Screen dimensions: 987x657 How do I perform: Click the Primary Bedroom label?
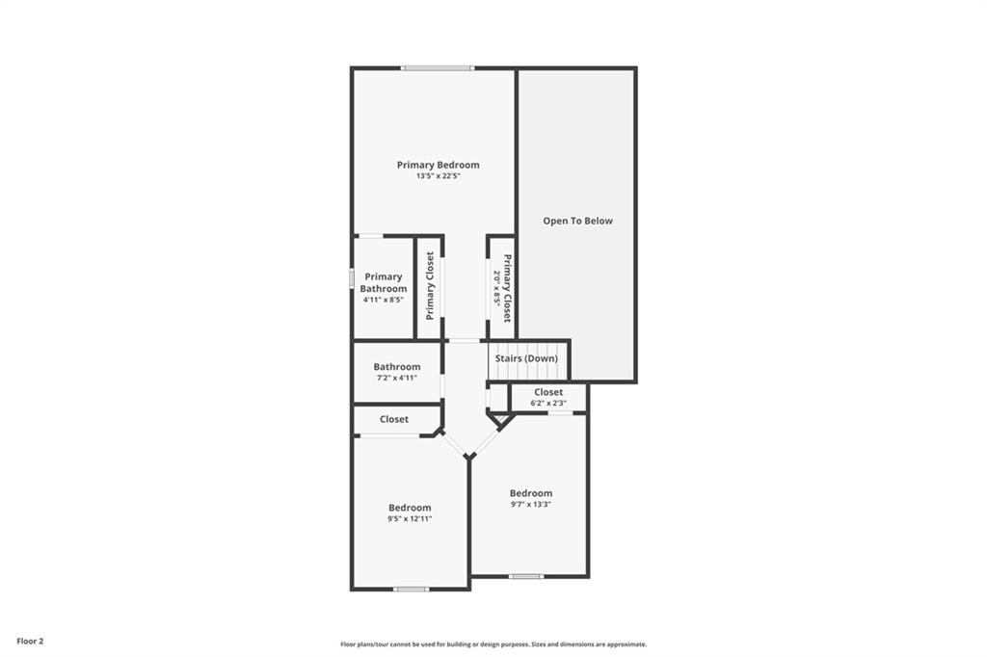click(439, 165)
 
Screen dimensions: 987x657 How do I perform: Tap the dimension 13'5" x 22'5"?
click(439, 176)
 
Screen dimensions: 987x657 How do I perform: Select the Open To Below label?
click(578, 221)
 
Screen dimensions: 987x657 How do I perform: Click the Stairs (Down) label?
click(526, 358)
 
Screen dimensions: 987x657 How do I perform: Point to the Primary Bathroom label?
click(384, 282)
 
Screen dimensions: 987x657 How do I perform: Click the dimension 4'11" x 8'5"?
click(384, 300)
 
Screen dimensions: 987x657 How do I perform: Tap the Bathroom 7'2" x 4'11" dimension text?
click(396, 379)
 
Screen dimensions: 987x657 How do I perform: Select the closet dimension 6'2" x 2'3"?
click(548, 404)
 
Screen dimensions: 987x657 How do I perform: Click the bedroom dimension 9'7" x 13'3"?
click(531, 504)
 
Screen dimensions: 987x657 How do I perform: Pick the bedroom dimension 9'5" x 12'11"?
click(410, 519)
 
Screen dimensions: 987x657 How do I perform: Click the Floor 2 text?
click(30, 642)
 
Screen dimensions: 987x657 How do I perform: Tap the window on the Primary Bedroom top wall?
click(439, 68)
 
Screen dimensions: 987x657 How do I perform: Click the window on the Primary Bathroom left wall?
click(352, 279)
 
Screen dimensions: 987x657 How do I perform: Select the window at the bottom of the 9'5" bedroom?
click(411, 589)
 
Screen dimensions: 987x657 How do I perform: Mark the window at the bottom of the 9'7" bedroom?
click(526, 576)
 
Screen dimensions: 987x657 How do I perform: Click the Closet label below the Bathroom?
click(394, 419)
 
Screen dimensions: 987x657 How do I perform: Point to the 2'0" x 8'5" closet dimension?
click(496, 288)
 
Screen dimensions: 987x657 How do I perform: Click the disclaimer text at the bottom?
click(493, 644)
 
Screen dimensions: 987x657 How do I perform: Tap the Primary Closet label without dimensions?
click(431, 286)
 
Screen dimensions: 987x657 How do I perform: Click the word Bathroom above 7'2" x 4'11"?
click(396, 367)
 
